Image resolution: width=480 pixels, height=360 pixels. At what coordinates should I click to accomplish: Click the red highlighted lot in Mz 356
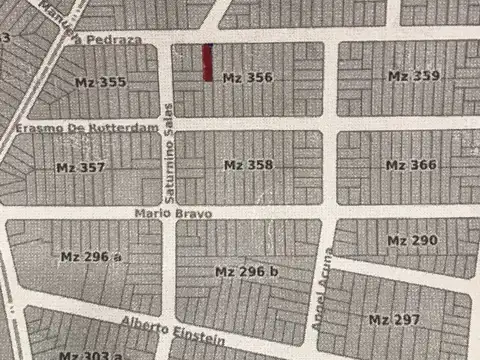(207, 63)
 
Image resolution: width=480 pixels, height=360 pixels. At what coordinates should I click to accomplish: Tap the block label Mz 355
(99, 82)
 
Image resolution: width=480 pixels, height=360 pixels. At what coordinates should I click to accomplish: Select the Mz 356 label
(247, 77)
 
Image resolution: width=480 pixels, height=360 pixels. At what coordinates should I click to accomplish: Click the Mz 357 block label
(80, 167)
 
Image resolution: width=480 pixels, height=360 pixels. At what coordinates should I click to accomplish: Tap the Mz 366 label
(411, 164)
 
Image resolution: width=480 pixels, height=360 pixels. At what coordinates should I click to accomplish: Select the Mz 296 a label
(91, 257)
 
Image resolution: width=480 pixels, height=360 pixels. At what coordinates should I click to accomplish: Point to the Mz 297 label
(393, 319)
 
